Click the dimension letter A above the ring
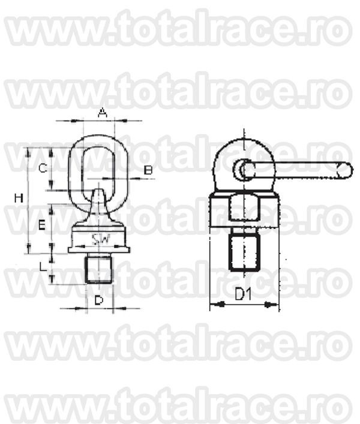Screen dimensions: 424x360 (x=102, y=113)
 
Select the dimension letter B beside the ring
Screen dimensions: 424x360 (x=148, y=170)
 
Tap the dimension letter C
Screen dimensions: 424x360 (x=43, y=169)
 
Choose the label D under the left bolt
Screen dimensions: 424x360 (x=100, y=299)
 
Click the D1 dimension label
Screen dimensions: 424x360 (x=243, y=294)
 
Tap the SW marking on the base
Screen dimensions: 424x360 (x=101, y=240)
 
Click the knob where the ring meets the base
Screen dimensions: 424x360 (x=100, y=197)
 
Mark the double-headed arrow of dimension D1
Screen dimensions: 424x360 (x=244, y=305)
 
